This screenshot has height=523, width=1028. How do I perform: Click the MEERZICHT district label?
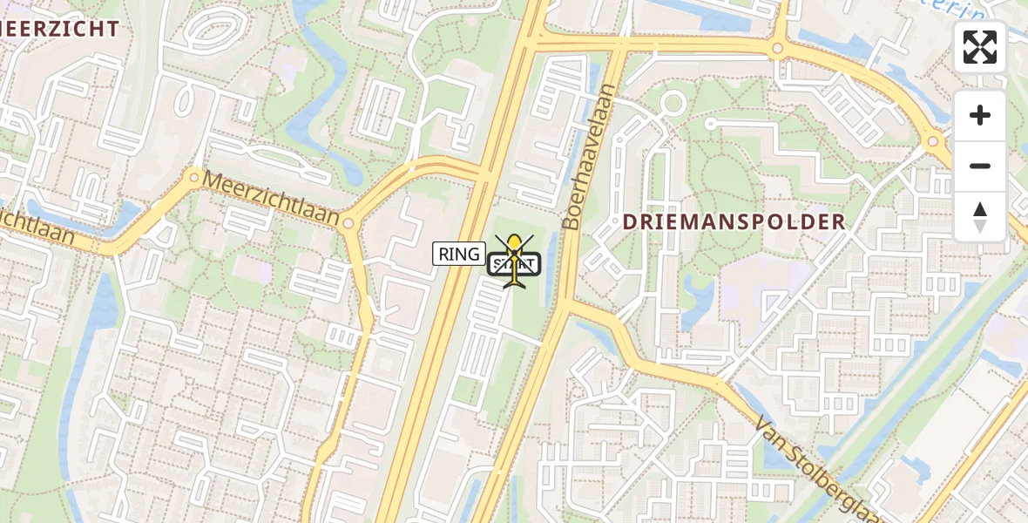[x=59, y=29]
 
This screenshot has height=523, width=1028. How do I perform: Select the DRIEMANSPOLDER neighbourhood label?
[x=734, y=221]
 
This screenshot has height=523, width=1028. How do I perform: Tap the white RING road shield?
[x=459, y=254]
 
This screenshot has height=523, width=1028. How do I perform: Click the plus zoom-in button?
[x=980, y=115]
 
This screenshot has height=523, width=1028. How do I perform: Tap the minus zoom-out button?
[x=980, y=166]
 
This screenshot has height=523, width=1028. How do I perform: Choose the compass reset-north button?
[x=980, y=216]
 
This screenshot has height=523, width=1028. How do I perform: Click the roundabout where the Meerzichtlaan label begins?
[x=193, y=177]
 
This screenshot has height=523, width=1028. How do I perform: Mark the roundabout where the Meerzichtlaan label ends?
[x=348, y=224]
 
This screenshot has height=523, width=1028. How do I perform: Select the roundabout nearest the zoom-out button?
[x=933, y=140]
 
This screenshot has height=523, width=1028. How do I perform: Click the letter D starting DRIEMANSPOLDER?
[x=629, y=221]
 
